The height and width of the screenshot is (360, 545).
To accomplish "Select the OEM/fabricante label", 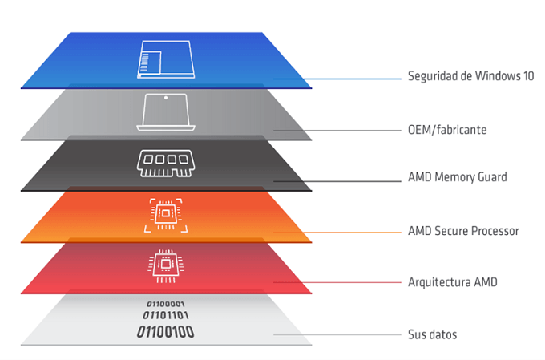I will (446, 128).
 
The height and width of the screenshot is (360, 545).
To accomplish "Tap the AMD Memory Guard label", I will (457, 177).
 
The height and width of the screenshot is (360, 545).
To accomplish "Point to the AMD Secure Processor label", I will (463, 231).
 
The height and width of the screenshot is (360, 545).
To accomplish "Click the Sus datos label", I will (432, 334).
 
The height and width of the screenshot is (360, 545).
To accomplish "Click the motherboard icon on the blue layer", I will (167, 59).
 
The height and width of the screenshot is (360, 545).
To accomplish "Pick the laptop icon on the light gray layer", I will (167, 111).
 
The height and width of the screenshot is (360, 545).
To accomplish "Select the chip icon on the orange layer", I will (167, 214).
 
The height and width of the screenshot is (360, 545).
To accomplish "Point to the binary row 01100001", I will (165, 304).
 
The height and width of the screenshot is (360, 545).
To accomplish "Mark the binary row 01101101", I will (165, 316).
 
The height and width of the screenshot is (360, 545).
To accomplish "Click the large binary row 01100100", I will (165, 331).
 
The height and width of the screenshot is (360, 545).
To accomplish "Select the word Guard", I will (490, 177).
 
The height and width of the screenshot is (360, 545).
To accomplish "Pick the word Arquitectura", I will (436, 282).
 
